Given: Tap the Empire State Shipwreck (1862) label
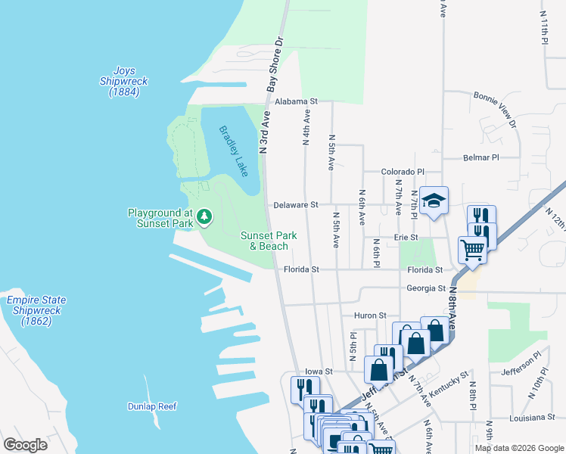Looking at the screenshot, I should click(x=36, y=310).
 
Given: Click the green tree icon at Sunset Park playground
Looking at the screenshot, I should click(x=204, y=218).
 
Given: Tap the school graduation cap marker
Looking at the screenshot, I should click(x=434, y=201).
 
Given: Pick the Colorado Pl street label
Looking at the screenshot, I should click(x=402, y=172).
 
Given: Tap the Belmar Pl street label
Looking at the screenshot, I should click(x=481, y=158).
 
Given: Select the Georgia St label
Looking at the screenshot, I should click(x=425, y=288).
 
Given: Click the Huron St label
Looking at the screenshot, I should click(x=370, y=315).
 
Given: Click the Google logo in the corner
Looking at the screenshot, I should click(x=25, y=444).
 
